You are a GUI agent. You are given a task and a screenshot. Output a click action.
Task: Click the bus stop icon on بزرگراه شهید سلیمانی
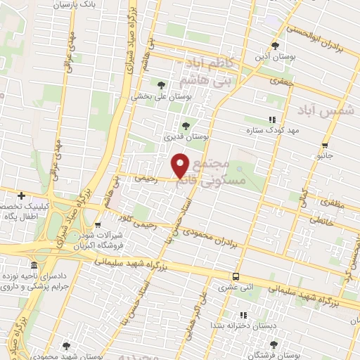[x=236, y=276]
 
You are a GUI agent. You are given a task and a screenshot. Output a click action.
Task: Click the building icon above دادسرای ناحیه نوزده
[x=34, y=265]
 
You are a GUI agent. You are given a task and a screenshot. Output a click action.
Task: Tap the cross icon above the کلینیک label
[x=22, y=195]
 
